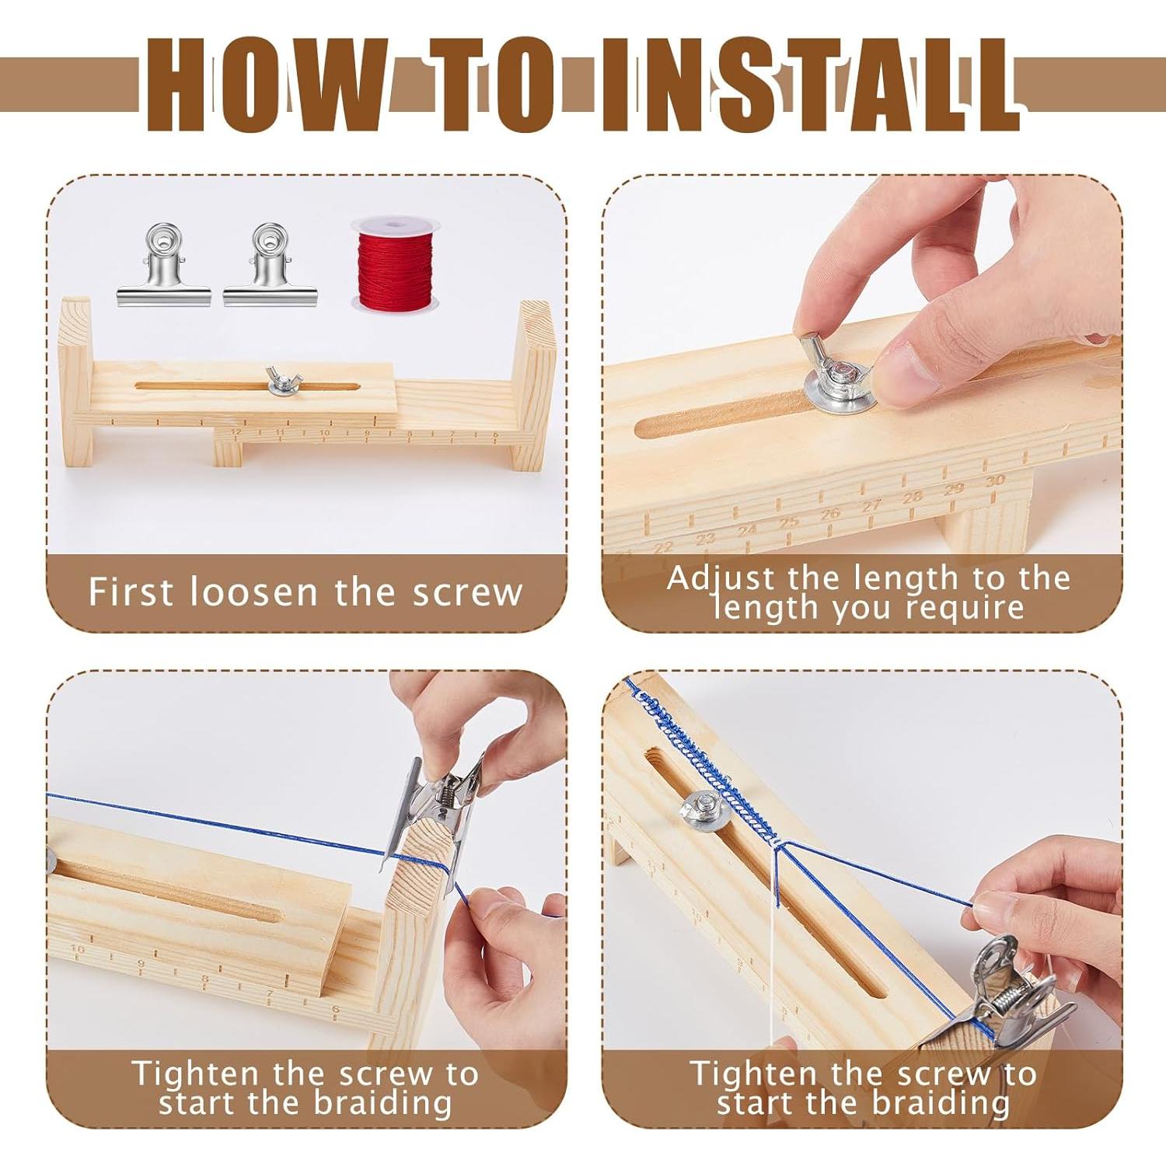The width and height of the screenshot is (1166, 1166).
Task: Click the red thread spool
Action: (x=390, y=264)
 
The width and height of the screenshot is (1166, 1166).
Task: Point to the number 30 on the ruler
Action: (x=994, y=481)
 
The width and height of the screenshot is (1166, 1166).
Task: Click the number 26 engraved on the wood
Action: (x=830, y=513)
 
